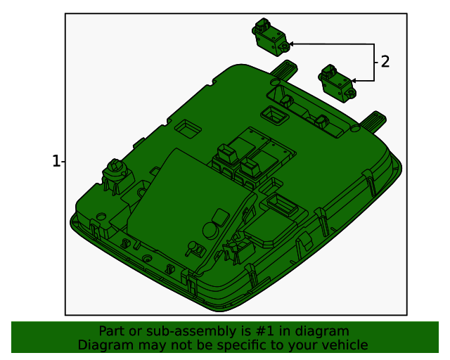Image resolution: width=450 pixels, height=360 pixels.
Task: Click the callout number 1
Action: tap(56, 161)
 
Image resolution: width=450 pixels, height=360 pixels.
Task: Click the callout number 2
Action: tap(385, 62)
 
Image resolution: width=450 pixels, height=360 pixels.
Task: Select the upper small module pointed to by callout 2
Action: tap(270, 37)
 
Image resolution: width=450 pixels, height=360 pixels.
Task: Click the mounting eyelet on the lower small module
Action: tap(349, 91)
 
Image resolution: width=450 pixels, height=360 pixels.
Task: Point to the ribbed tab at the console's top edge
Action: tap(285, 70)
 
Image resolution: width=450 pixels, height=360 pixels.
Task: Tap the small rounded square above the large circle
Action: tap(220, 215)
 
